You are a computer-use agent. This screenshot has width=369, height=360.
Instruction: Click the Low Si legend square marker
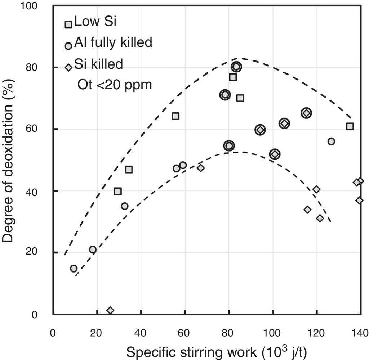pyautogui.click(x=68, y=24)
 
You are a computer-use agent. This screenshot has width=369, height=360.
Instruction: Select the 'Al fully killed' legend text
pyautogui.click(x=113, y=43)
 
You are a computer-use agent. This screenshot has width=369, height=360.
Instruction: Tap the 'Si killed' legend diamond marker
pyautogui.click(x=68, y=67)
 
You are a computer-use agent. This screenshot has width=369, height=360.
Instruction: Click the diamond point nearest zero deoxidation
pyautogui.click(x=110, y=310)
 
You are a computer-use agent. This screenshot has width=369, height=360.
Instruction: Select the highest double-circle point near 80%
pyautogui.click(x=236, y=67)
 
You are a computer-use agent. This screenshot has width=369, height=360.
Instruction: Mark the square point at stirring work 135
pyautogui.click(x=350, y=126)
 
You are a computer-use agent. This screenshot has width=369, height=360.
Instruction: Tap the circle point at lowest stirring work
pyautogui.click(x=74, y=269)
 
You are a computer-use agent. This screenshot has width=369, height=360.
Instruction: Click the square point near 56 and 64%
pyautogui.click(x=175, y=116)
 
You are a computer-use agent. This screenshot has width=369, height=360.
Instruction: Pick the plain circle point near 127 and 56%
pyautogui.click(x=331, y=141)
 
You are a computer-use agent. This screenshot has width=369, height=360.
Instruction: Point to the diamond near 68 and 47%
pyautogui.click(x=201, y=168)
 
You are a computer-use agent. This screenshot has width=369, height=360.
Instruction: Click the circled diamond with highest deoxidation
pyautogui.click(x=306, y=113)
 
